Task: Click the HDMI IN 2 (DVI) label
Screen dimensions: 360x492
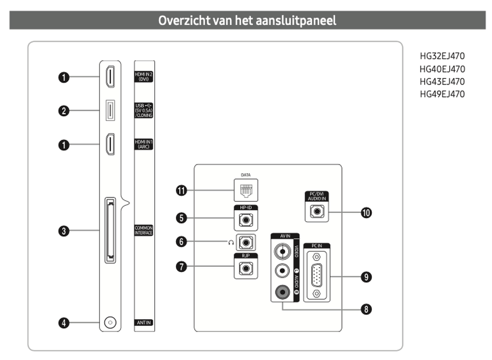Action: pos(144,78)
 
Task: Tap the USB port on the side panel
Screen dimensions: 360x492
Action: pos(110,111)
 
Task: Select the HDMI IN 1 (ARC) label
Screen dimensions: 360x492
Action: pos(144,144)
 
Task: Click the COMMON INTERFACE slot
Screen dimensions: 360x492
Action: pos(111,230)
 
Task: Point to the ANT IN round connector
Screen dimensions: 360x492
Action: pos(110,322)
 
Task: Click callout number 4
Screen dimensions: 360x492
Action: pos(63,323)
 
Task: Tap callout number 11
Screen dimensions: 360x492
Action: pos(181,190)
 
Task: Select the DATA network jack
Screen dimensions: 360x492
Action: pos(245,190)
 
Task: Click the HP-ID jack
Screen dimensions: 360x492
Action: pos(246,221)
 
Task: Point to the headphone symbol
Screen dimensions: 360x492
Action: pos(231,242)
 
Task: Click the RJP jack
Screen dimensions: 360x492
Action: pos(246,268)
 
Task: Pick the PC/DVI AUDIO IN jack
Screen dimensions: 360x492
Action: pos(317,211)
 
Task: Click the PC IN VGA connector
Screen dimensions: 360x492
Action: pos(317,276)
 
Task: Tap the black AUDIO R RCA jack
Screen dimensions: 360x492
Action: pos(282,291)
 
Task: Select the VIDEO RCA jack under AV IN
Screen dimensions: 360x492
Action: pos(282,250)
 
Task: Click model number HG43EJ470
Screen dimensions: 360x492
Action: pos(442,81)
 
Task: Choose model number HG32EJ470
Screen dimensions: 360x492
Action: pos(442,56)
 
